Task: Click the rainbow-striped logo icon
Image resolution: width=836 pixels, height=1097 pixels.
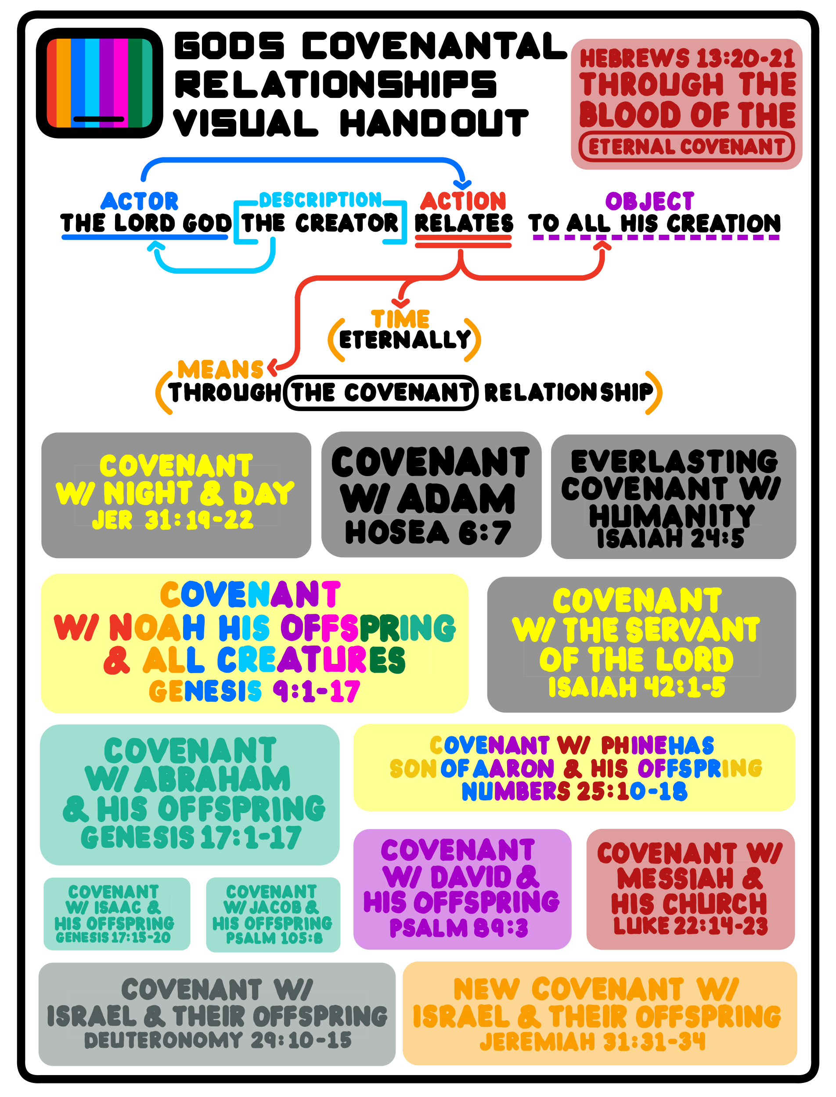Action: coord(100,83)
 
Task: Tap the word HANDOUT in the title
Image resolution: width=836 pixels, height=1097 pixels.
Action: coord(433,123)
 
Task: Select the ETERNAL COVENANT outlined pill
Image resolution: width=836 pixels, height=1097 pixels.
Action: coord(686,147)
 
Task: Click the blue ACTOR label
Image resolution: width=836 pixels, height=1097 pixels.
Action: coord(139,201)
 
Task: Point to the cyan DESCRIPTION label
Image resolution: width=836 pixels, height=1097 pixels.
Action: coord(320,200)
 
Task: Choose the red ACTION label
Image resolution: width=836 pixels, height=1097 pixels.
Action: coord(463,201)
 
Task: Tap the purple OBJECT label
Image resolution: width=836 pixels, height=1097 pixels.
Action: coord(649,201)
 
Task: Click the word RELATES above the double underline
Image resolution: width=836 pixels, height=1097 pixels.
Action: coord(464,223)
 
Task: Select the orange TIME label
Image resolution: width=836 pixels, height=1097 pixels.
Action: coord(400,319)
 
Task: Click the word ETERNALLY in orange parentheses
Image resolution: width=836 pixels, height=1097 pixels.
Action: coord(404,340)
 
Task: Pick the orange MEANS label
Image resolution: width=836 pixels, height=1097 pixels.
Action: coord(220,370)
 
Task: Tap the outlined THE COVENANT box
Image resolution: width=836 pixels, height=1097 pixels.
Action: coord(381,393)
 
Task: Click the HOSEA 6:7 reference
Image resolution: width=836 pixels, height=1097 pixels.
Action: coord(428,533)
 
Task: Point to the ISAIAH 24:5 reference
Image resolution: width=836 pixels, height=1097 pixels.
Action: coord(670,538)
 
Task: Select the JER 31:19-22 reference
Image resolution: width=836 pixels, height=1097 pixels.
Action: coord(173,520)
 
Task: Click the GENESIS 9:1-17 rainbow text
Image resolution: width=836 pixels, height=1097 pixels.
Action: coord(254,691)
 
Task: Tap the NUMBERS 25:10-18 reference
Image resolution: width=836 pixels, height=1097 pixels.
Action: coord(574,791)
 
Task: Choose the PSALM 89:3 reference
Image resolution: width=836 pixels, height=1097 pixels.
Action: coord(458,928)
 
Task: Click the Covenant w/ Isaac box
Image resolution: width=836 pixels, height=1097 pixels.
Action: coord(117,914)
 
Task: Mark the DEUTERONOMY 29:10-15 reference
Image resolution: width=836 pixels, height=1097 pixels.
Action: coord(217,1040)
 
